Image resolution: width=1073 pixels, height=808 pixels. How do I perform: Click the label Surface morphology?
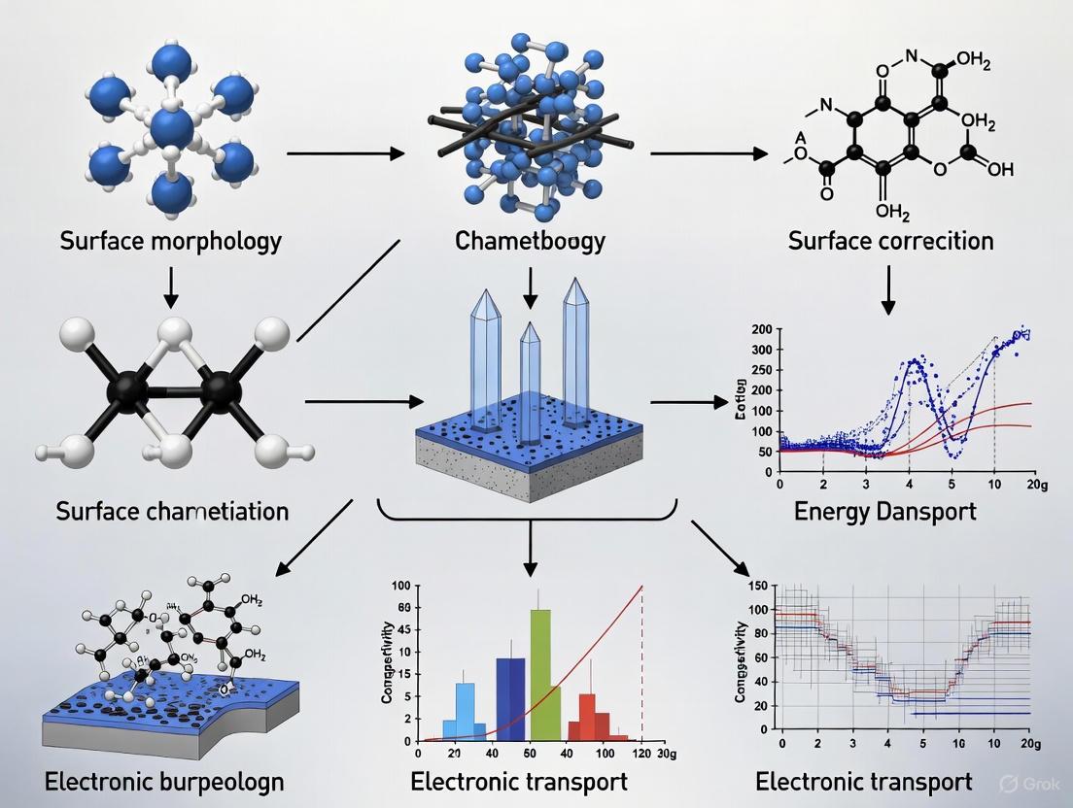coord(171,240)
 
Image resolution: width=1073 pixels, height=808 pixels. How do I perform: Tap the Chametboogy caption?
coord(529,240)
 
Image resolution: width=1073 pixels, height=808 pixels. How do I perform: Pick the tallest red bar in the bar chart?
coord(587,717)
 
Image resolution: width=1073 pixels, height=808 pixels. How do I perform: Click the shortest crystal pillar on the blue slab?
coord(530,374)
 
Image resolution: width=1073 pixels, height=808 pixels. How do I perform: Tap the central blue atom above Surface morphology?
coord(172,126)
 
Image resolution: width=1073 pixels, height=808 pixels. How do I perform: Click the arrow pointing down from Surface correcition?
coord(887,289)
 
